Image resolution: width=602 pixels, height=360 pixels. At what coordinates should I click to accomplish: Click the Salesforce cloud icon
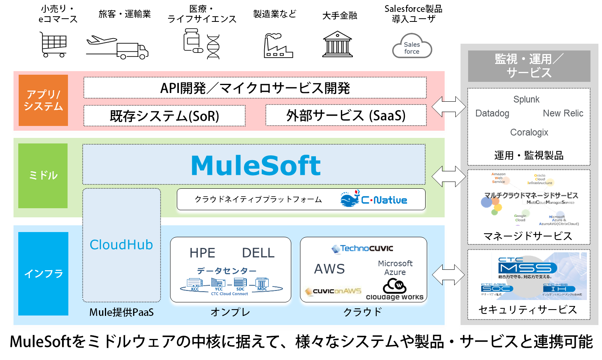pyautogui.click(x=412, y=47)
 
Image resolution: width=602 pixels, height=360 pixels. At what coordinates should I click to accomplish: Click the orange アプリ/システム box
pyautogui.click(x=43, y=100)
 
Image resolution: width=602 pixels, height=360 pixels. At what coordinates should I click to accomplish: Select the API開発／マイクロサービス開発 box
pyautogui.click(x=255, y=88)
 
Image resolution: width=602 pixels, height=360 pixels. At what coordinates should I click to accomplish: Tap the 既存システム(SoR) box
pyautogui.click(x=164, y=116)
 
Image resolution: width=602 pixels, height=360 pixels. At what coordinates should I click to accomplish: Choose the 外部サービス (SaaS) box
pyautogui.click(x=346, y=115)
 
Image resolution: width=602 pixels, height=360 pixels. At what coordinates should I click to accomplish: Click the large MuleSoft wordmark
pyautogui.click(x=256, y=165)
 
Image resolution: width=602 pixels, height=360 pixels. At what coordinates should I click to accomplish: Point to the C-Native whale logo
pyautogui.click(x=350, y=199)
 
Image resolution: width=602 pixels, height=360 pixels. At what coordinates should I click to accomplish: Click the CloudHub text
pyautogui.click(x=121, y=245)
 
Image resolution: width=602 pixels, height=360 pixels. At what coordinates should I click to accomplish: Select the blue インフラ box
pyautogui.click(x=43, y=273)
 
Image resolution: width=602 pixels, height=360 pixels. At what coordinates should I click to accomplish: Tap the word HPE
pyautogui.click(x=202, y=253)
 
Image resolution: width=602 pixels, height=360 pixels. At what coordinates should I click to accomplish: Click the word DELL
pyautogui.click(x=258, y=253)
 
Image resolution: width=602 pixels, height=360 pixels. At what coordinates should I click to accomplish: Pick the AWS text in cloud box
pyautogui.click(x=329, y=269)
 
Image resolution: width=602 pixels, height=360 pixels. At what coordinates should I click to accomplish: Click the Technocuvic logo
pyautogui.click(x=362, y=249)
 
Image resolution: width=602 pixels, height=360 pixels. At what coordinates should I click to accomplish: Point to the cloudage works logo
pyautogui.click(x=395, y=289)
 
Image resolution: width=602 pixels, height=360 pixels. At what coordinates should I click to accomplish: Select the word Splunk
pyautogui.click(x=526, y=99)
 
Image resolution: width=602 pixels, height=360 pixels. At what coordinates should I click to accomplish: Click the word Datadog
pyautogui.click(x=492, y=113)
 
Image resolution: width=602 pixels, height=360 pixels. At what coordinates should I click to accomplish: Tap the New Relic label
pyautogui.click(x=563, y=113)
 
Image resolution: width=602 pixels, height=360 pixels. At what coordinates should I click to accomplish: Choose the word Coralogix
pyautogui.click(x=529, y=132)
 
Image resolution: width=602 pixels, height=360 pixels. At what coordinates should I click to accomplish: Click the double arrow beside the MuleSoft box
pyautogui.click(x=448, y=176)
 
